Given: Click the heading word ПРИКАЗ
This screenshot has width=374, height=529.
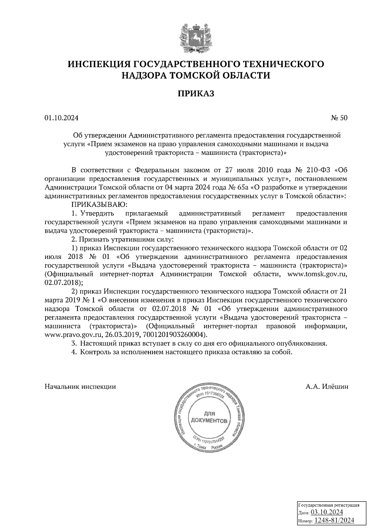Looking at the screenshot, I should tap(196, 94).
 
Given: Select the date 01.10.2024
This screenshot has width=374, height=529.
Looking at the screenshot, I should tap(61, 118).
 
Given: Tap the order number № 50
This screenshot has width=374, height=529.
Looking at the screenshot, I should tap(338, 118).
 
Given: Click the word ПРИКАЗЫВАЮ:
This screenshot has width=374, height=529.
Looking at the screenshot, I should tap(100, 205).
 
